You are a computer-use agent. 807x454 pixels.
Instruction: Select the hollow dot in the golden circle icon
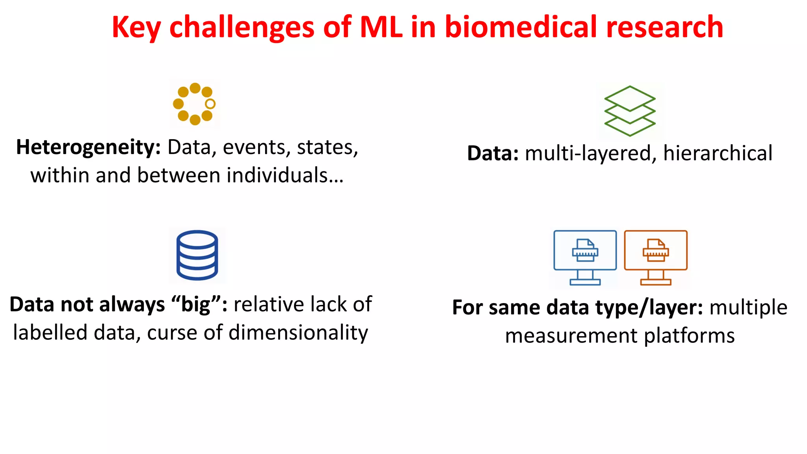pyautogui.click(x=210, y=104)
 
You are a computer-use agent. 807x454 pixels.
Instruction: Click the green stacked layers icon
pyautogui.click(x=630, y=111)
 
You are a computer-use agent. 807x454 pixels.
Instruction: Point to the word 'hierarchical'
pyautogui.click(x=718, y=153)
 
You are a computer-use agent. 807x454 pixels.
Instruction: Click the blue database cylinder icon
pyautogui.click(x=197, y=255)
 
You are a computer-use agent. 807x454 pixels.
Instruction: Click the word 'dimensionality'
pyautogui.click(x=298, y=333)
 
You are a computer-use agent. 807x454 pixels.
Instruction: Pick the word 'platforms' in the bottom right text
pyautogui.click(x=689, y=336)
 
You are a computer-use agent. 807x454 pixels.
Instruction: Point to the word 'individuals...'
pyautogui.click(x=285, y=175)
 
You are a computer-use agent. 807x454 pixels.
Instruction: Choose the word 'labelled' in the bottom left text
pyautogui.click(x=50, y=333)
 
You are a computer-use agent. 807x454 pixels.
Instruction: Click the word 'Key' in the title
pyautogui.click(x=136, y=28)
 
